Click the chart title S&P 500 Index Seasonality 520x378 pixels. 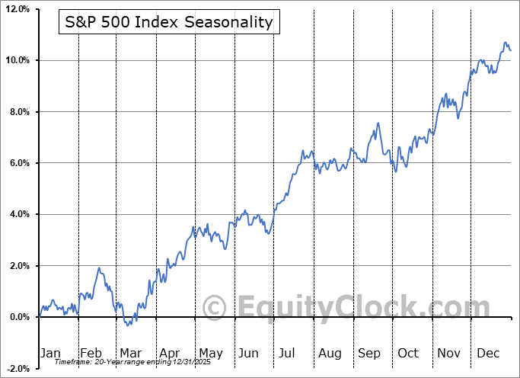pos(169,22)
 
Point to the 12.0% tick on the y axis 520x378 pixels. pos(18,9)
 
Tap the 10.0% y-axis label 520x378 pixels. pos(18,60)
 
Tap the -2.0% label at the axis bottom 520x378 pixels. pos(18,369)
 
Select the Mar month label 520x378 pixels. pos(130,353)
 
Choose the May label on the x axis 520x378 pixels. pos(210,353)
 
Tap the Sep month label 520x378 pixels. pos(369,353)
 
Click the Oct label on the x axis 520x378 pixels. pos(408,353)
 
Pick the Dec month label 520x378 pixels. pos(488,353)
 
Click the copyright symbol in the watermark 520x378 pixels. pos(215,307)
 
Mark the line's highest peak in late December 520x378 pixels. pos(504,42)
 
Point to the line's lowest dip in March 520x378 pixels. pos(128,325)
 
